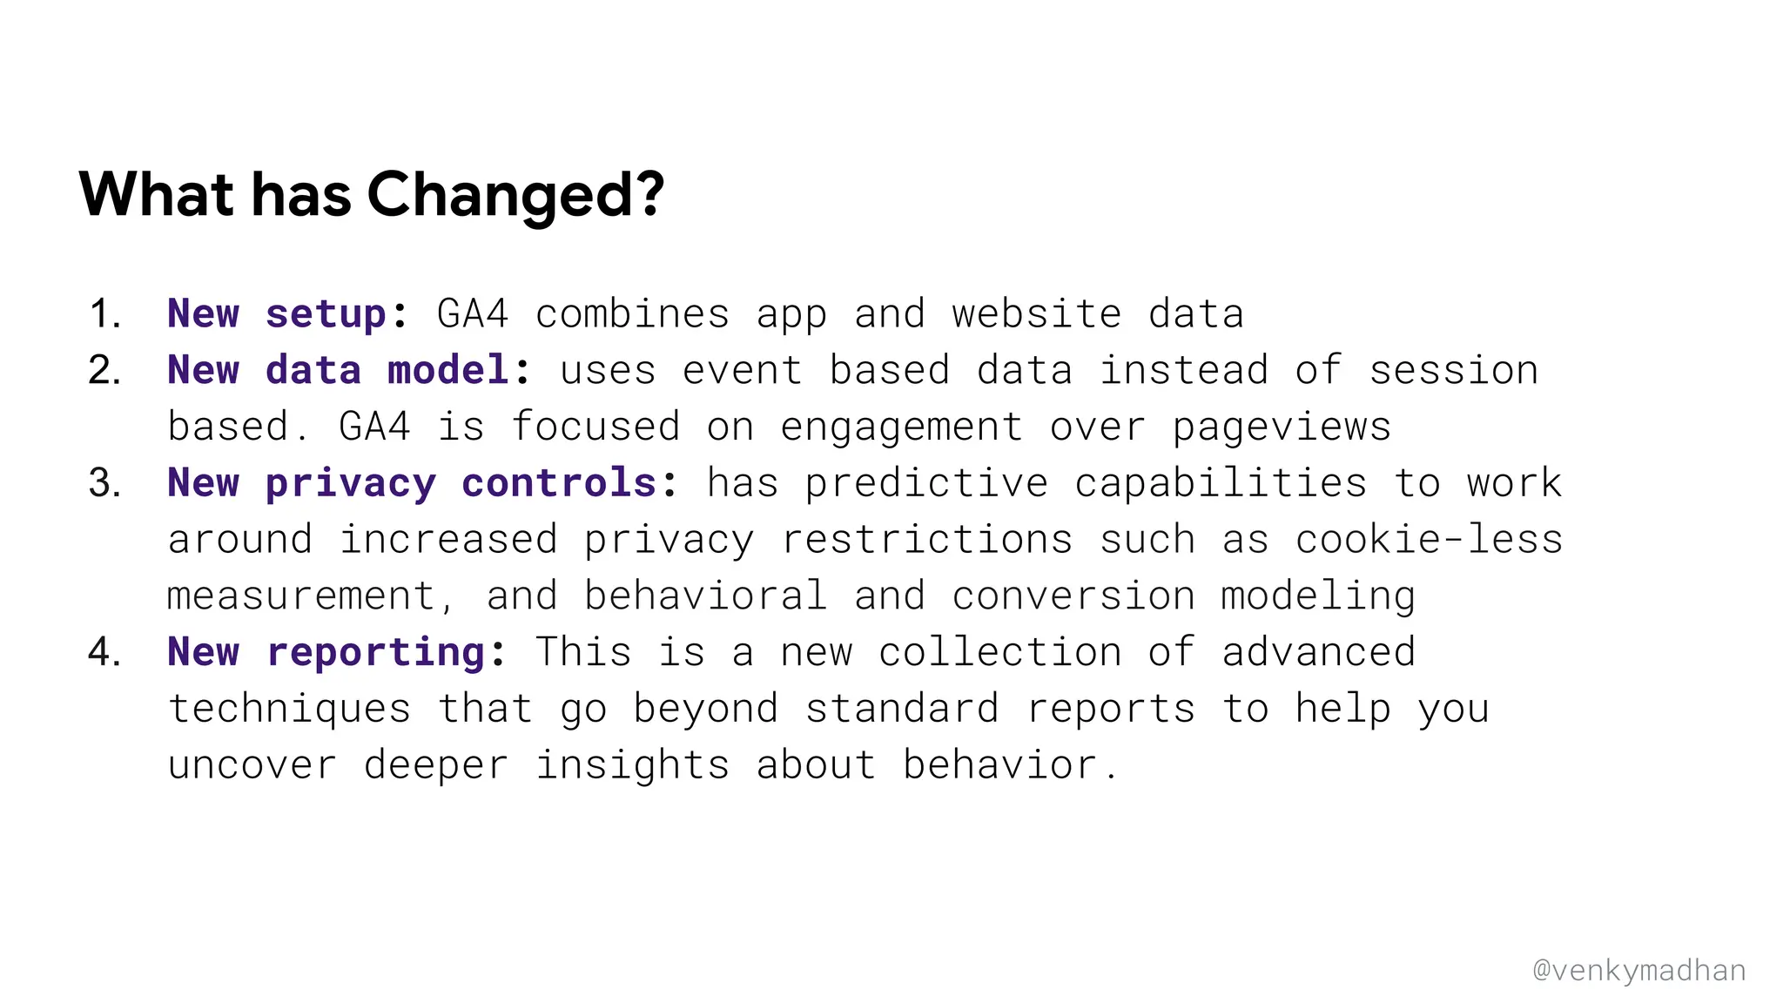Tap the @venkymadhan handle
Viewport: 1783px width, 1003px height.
[1638, 970]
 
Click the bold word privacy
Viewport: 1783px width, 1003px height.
[350, 483]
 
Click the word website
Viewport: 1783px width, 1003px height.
[1036, 314]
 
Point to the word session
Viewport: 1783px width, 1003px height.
[1453, 370]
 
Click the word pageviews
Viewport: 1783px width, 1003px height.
[1281, 427]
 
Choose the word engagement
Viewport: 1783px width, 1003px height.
[901, 427]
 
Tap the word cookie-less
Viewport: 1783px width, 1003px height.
[1429, 540]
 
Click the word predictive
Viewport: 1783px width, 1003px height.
[925, 483]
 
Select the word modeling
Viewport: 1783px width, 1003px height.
[1317, 596]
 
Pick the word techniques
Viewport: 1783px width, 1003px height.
[289, 709]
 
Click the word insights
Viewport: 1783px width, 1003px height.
[631, 765]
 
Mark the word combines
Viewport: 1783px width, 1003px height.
[631, 314]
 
